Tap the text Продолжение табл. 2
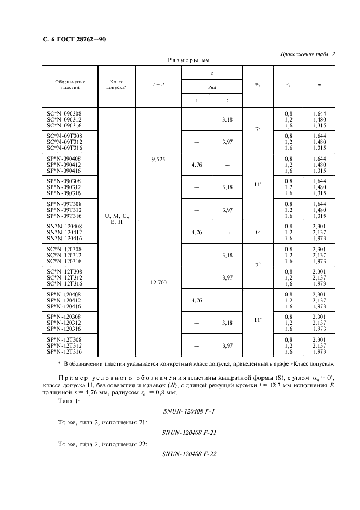(x=308, y=54)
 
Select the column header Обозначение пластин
(x=70, y=84)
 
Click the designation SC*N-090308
(x=64, y=113)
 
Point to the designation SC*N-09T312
(x=64, y=141)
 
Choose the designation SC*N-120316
(x=64, y=260)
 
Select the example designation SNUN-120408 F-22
(x=190, y=454)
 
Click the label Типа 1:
(x=69, y=401)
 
